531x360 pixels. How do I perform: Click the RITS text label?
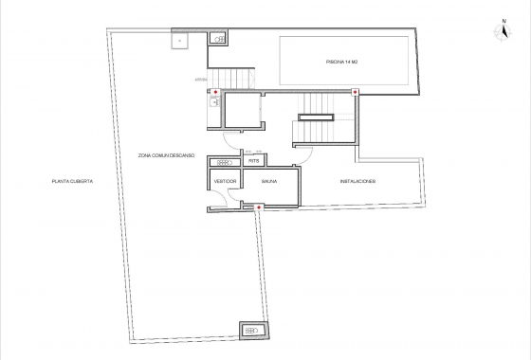[253, 161]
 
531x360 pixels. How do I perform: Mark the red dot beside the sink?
[215, 92]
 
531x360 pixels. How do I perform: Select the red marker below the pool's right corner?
[354, 92]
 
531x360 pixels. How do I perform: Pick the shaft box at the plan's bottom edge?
[253, 330]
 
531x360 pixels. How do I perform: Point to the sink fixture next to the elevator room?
[212, 106]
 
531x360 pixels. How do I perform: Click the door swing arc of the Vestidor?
[218, 197]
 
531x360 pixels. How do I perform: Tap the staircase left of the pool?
[233, 78]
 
